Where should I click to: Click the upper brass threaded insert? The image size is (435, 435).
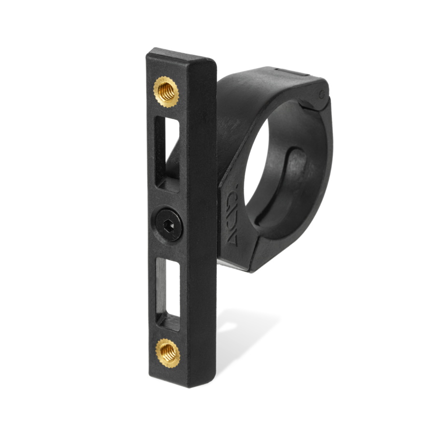166,91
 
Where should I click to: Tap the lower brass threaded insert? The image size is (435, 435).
168,353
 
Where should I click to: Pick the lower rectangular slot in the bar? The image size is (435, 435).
168,290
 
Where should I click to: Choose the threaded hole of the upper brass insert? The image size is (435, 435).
166,91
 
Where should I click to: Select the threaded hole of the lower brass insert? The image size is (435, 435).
168,353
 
